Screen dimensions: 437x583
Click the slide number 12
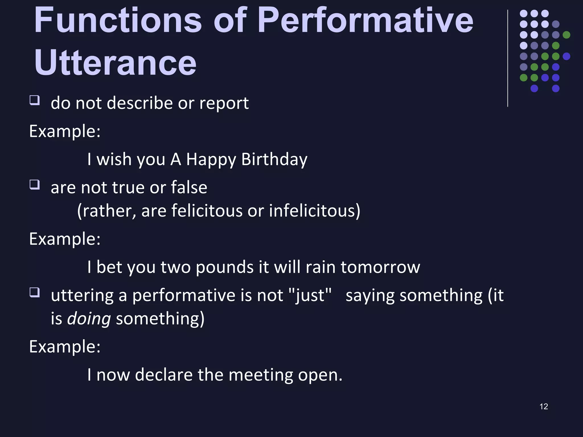544,407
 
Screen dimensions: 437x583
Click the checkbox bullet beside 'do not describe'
34,100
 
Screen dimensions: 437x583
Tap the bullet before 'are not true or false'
34,185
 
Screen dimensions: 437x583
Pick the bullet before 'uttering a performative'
34,292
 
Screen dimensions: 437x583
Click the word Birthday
274,159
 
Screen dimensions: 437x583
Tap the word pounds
225,267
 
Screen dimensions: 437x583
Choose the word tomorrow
380,267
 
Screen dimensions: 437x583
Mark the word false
189,188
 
